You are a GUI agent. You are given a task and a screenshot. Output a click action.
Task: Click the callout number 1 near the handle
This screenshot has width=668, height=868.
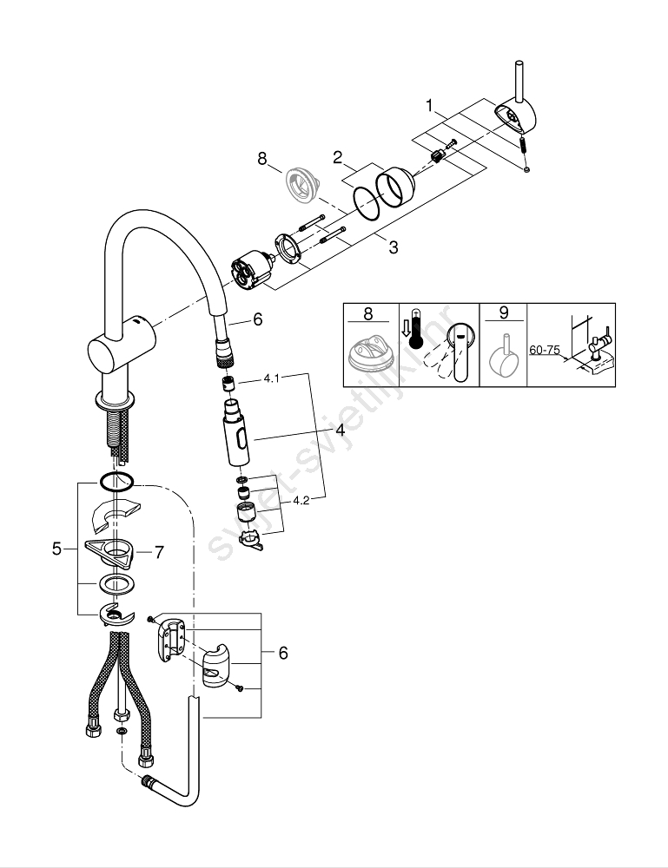click(x=429, y=106)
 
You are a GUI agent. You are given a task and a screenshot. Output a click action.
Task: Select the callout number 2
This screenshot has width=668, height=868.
click(x=337, y=157)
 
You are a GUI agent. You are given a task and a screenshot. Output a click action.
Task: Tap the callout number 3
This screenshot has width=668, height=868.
click(x=393, y=247)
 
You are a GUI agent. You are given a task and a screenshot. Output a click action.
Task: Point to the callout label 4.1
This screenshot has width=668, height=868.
click(x=272, y=379)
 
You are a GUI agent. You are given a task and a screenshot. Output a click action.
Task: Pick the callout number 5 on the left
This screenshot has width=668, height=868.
click(x=57, y=549)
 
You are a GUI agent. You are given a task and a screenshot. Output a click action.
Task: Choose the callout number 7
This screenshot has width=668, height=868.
click(x=158, y=550)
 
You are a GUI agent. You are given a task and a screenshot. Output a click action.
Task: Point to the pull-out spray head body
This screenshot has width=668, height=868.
click(x=235, y=438)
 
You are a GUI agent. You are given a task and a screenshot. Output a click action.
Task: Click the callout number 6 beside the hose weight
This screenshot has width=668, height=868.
click(x=283, y=653)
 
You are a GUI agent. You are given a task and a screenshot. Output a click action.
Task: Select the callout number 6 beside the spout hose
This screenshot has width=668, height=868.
click(x=257, y=319)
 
